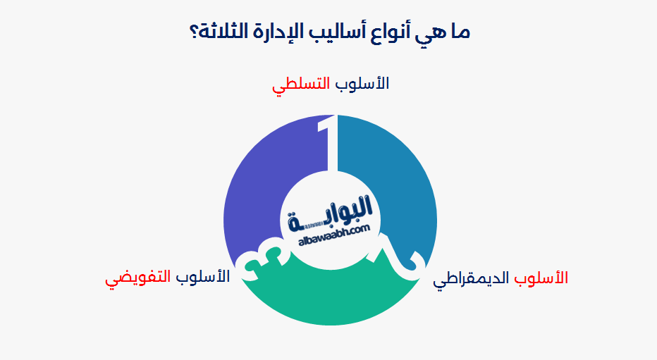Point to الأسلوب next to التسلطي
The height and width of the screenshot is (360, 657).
point(363,83)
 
